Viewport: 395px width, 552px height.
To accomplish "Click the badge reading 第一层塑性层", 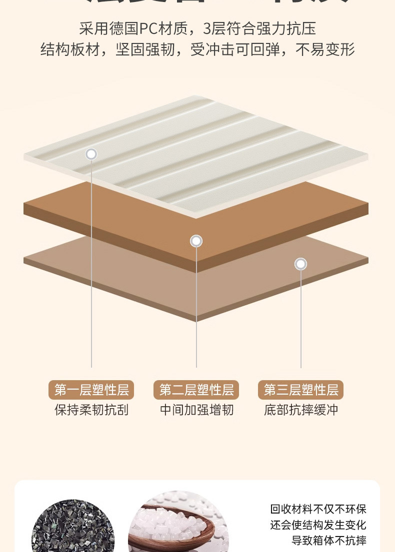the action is pyautogui.click(x=91, y=390).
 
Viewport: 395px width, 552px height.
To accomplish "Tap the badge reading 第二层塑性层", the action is pyautogui.click(x=196, y=390).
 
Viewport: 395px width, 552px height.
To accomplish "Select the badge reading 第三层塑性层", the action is pyautogui.click(x=300, y=390).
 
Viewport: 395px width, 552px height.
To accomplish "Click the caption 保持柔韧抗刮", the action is pyautogui.click(x=91, y=410).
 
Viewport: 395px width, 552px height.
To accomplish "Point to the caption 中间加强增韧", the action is pyautogui.click(x=196, y=410).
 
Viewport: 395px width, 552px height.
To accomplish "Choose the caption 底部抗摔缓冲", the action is pyautogui.click(x=301, y=410).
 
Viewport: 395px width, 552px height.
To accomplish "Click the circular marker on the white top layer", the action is pyautogui.click(x=91, y=154).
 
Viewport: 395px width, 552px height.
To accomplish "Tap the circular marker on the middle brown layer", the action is pyautogui.click(x=196, y=241).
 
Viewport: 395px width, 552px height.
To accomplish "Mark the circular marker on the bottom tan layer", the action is pyautogui.click(x=300, y=264).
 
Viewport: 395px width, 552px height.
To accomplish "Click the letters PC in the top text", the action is pyautogui.click(x=148, y=28).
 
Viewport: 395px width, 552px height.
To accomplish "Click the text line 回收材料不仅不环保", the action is pyautogui.click(x=318, y=509).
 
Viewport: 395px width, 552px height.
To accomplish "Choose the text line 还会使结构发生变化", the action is pyautogui.click(x=318, y=525).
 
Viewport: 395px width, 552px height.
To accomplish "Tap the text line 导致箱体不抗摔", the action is pyautogui.click(x=329, y=541).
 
